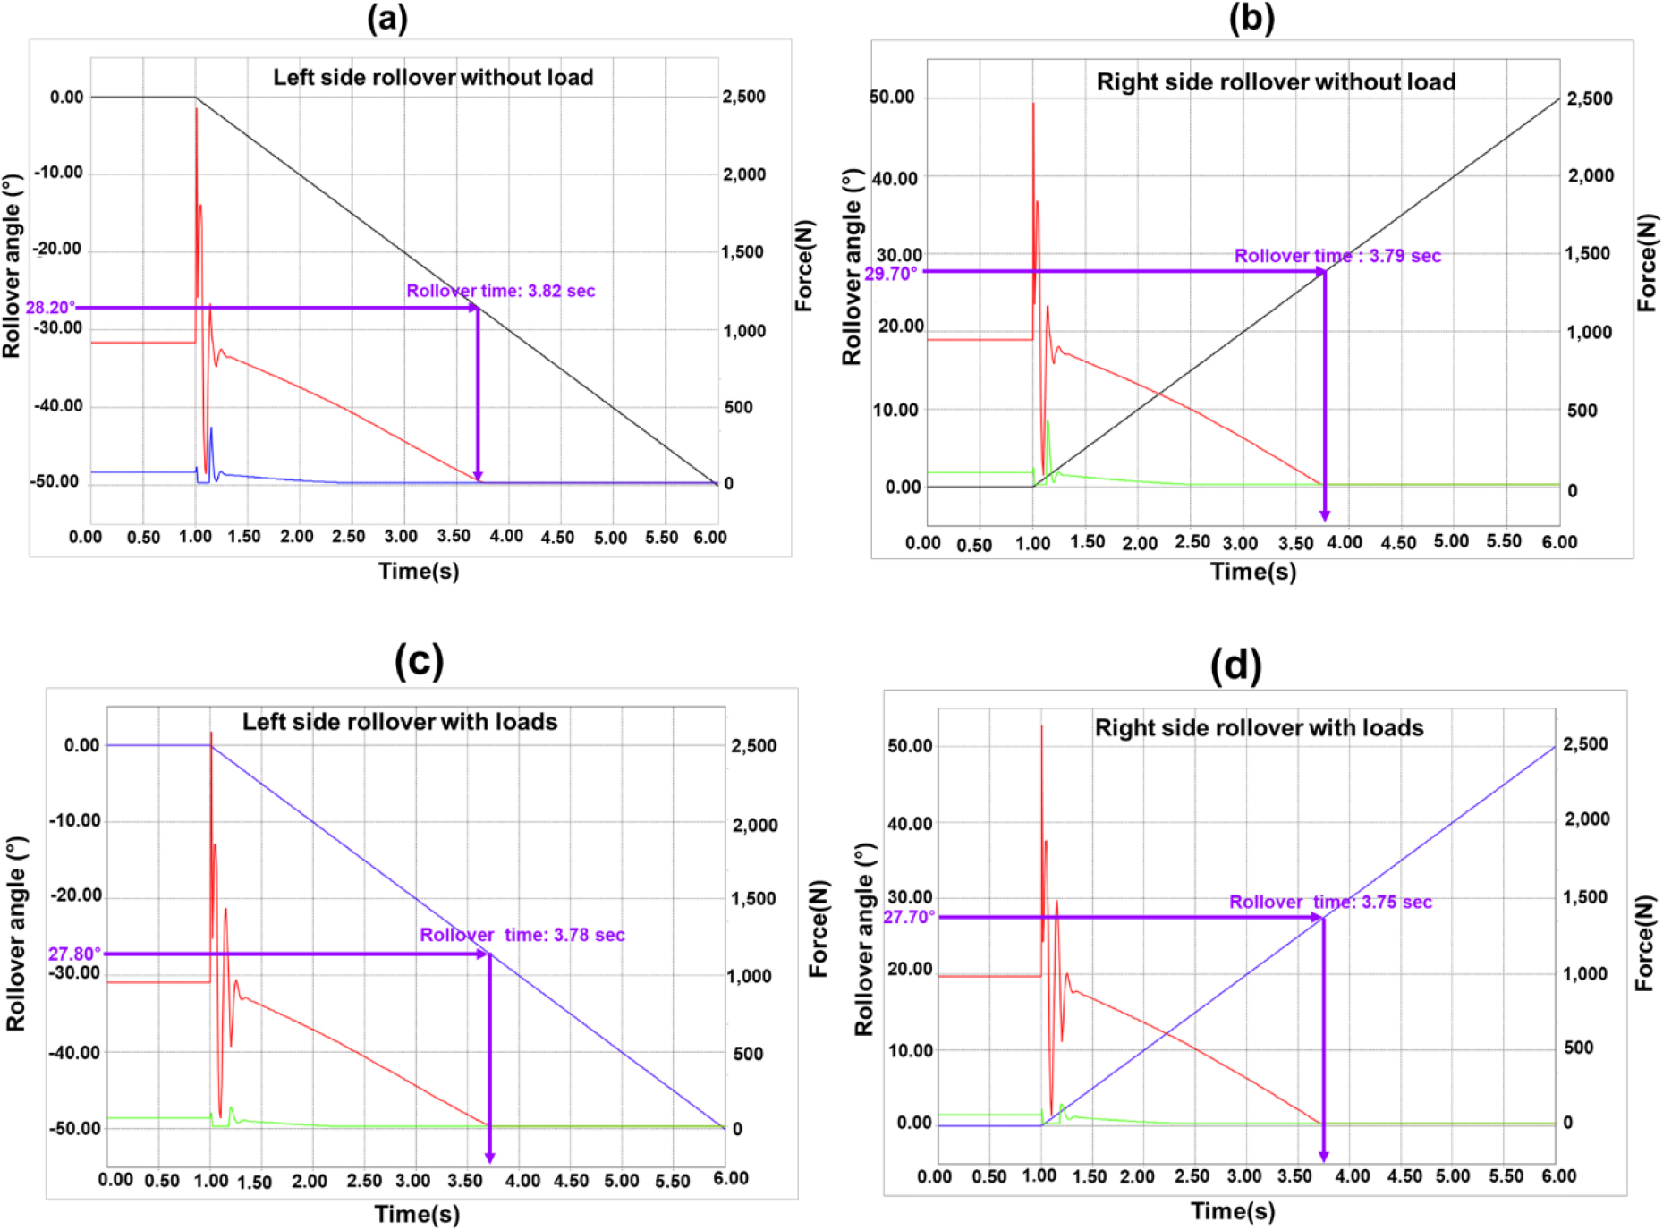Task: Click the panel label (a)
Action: coord(387,18)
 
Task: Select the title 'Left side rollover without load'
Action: coord(433,78)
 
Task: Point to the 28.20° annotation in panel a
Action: coord(50,308)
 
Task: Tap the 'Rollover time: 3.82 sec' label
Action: coord(500,291)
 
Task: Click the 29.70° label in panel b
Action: coord(891,274)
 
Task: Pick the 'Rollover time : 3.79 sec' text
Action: coord(1337,256)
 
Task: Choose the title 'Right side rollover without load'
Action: coord(1276,82)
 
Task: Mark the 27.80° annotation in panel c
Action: coord(74,954)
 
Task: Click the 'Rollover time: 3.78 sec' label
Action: coord(522,935)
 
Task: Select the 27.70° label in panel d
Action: coord(909,917)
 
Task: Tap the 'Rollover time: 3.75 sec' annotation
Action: coord(1330,902)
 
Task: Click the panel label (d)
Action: coord(1235,666)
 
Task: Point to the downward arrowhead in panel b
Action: coord(1325,515)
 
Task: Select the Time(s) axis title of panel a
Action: coord(419,571)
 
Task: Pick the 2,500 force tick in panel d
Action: coord(1585,744)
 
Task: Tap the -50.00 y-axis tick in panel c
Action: coord(74,1129)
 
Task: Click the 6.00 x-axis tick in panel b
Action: coord(1559,542)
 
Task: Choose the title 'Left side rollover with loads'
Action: coord(400,722)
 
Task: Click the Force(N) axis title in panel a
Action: coord(805,266)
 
